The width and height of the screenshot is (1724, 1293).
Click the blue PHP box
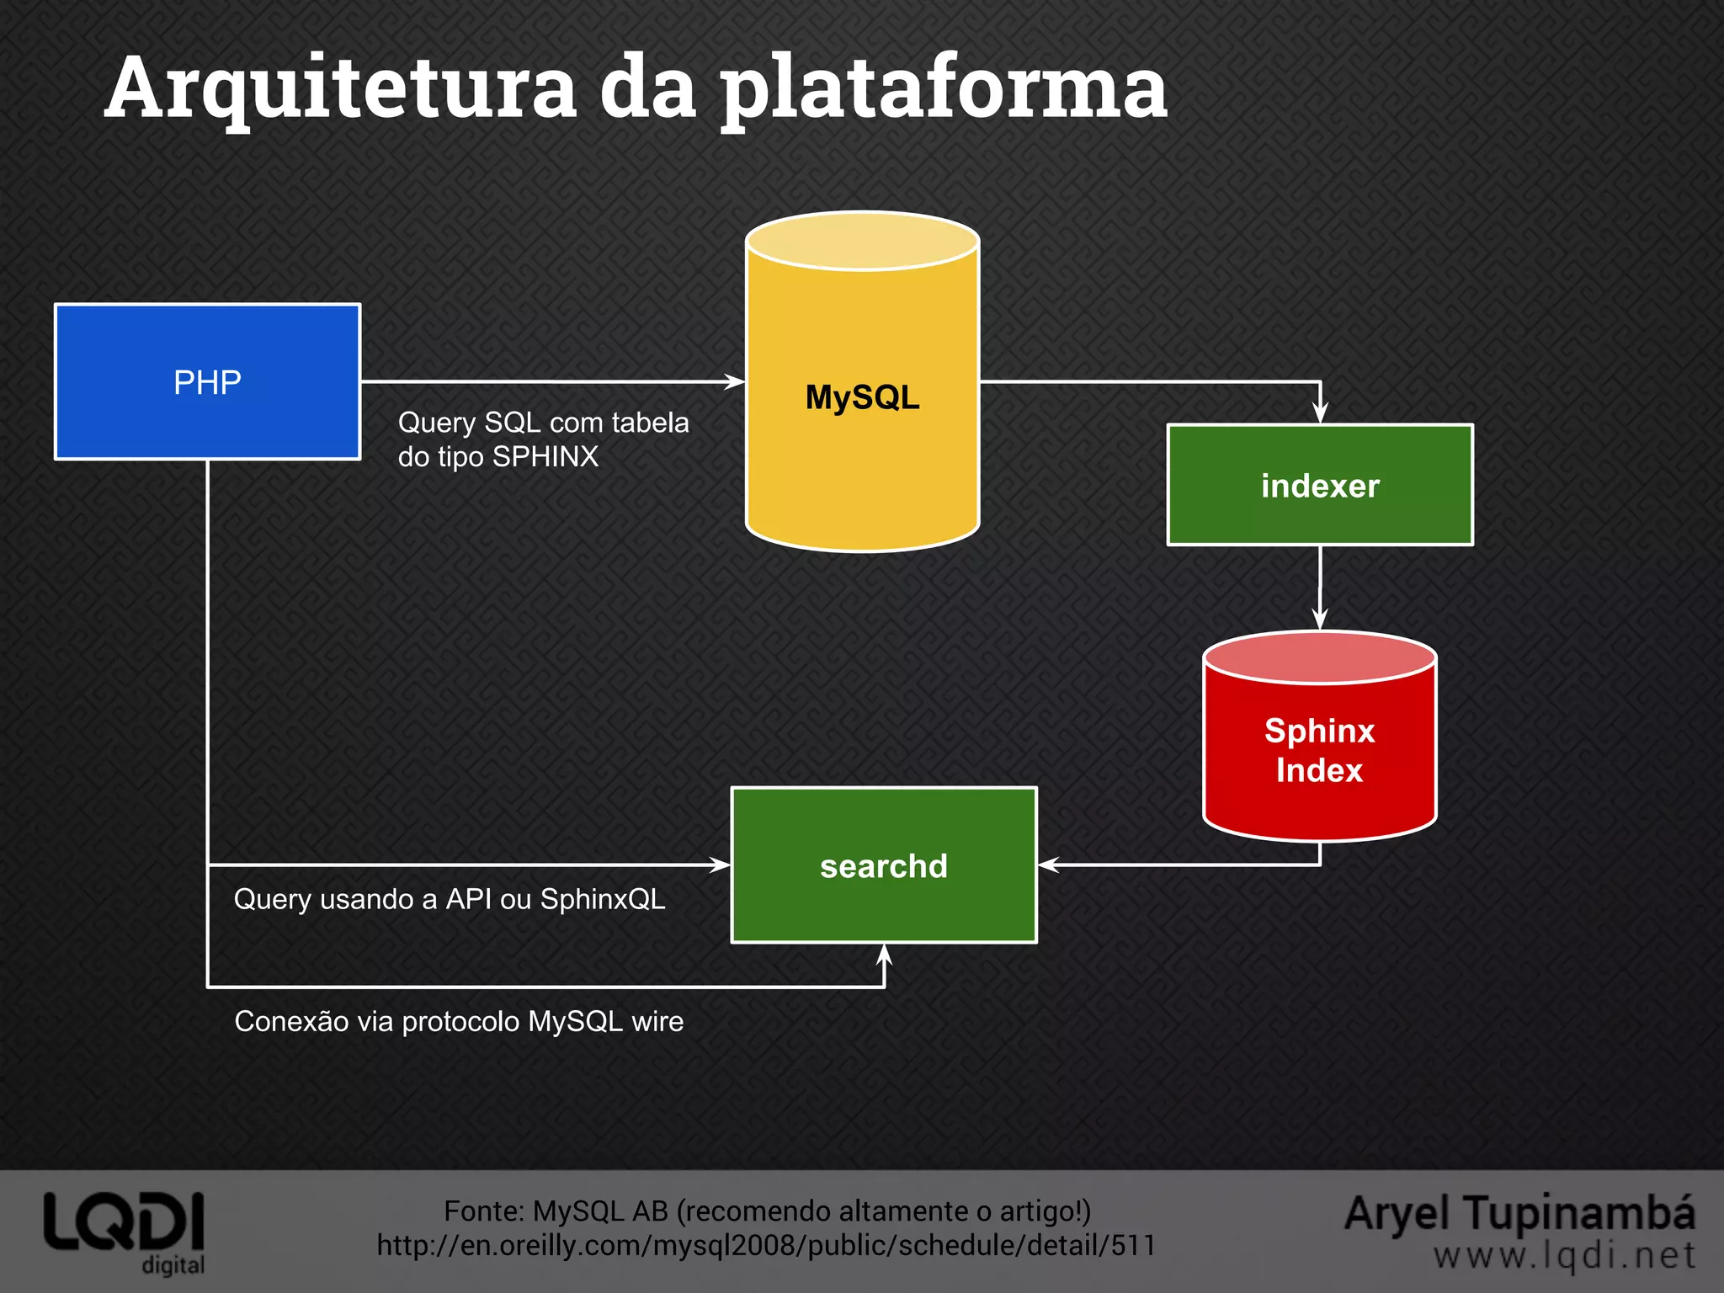pyautogui.click(x=207, y=381)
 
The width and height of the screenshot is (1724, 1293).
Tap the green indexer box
pyautogui.click(x=1319, y=485)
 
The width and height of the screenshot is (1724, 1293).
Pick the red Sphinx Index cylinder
pyautogui.click(x=1319, y=749)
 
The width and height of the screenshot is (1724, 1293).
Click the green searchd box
pyautogui.click(x=883, y=865)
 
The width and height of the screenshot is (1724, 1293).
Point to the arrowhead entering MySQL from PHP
pyautogui.click(x=736, y=381)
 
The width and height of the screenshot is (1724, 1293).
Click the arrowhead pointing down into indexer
pyautogui.click(x=1320, y=413)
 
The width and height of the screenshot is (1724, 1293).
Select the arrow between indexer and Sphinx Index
pyautogui.click(x=1320, y=589)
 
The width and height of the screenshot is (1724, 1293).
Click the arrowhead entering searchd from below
pyautogui.click(x=884, y=954)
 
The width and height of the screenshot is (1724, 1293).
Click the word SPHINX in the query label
pyautogui.click(x=545, y=456)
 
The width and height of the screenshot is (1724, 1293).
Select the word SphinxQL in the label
pyautogui.click(x=602, y=899)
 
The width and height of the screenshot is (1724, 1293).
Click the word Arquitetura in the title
pyautogui.click(x=341, y=88)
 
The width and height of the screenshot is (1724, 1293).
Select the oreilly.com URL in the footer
pyautogui.click(x=766, y=1245)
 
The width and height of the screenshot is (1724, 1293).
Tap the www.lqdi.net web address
pyautogui.click(x=1564, y=1256)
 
